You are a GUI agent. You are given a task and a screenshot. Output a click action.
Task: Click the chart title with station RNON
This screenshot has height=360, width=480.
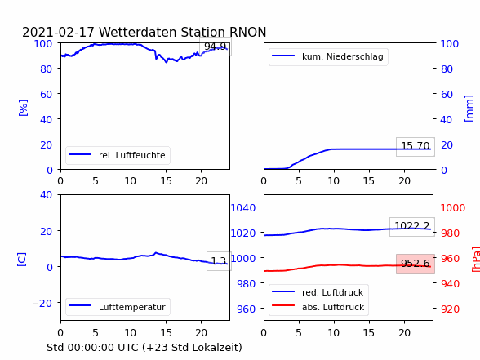point(144,32)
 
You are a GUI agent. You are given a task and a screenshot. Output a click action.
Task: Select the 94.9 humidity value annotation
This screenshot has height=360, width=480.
point(216,47)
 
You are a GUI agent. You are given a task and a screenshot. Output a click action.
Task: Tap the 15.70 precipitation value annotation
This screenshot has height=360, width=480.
point(416,147)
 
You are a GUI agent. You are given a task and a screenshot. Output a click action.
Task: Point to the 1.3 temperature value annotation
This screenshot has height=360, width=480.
point(219,261)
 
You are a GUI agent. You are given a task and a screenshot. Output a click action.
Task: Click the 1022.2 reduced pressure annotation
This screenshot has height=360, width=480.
point(412,227)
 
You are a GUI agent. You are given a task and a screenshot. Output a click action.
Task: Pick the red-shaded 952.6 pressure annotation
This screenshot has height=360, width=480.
point(416,264)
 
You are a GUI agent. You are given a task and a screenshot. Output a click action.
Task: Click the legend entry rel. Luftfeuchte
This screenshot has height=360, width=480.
point(132,155)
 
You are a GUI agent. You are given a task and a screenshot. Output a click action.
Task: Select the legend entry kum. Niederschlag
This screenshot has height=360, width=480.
point(343,56)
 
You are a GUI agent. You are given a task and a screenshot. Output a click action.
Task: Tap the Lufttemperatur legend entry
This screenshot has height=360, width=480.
point(132,307)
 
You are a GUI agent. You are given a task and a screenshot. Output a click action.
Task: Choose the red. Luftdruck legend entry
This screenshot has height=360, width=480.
point(332,292)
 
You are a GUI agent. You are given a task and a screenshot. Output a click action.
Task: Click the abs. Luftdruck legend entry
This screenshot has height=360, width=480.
point(333,307)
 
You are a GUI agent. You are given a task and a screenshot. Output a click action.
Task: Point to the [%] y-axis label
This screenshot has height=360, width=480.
point(23,108)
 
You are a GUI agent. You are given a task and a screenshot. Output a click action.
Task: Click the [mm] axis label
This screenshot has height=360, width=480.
point(469,109)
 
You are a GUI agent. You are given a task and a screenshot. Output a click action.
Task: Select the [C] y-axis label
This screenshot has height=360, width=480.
point(22,260)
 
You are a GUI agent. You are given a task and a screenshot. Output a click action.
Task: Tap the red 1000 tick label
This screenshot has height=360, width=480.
point(453,208)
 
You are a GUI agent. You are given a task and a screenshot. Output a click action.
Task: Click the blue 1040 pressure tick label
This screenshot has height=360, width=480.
point(243,208)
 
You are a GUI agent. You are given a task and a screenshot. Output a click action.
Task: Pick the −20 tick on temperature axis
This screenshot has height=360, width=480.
point(42,304)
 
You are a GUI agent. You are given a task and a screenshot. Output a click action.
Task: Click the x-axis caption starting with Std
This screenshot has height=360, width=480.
point(144,348)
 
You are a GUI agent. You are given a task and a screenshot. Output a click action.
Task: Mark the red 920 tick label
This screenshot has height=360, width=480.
point(450,309)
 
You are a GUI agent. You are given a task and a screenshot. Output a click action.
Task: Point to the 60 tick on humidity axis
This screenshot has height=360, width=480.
point(46,95)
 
